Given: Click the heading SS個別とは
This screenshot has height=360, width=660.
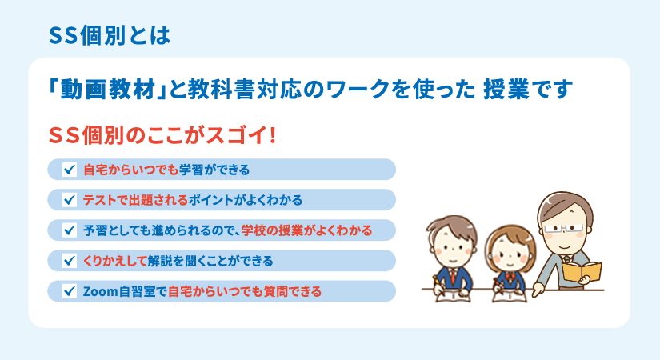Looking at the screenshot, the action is coord(110,35).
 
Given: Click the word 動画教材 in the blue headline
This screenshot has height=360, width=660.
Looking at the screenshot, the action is coord(108,90).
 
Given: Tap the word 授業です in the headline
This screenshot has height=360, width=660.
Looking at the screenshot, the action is coord(528,90).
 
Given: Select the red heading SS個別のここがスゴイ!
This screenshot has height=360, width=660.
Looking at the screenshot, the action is coord(162,135).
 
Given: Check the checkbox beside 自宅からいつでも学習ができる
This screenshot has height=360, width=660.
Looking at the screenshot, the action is coord(70,170).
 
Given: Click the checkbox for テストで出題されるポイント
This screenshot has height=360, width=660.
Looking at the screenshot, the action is coord(70,199).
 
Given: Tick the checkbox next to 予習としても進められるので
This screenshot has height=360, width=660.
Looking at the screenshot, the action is coord(70,230).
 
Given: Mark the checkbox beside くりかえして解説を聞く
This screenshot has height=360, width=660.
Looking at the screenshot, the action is coord(70,261).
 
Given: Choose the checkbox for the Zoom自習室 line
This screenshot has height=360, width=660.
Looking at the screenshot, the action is coord(70,291).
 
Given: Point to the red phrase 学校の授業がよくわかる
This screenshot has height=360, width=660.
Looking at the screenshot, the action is coord(307,230).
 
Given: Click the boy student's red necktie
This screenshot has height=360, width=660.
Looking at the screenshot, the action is coord(453,276).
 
